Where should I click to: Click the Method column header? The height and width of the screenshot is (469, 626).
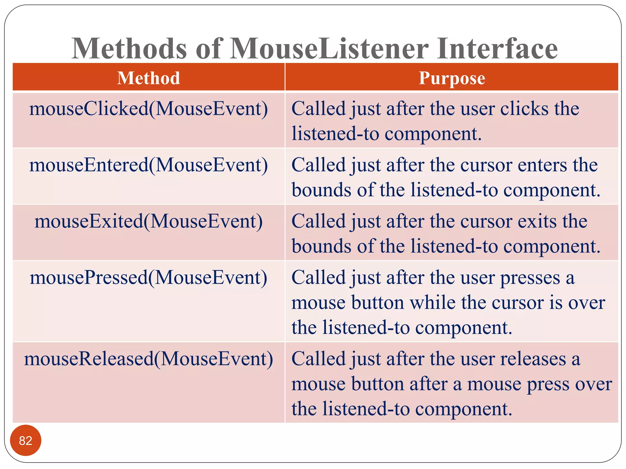149,78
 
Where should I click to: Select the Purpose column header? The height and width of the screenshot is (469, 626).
451,78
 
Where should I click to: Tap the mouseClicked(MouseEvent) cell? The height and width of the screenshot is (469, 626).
149,109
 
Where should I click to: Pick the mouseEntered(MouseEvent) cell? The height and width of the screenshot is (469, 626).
149,165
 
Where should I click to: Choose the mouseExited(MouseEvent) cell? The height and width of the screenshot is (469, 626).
149,221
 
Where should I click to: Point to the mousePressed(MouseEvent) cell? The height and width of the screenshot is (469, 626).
149,278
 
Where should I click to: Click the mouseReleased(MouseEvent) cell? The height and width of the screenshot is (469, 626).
149,359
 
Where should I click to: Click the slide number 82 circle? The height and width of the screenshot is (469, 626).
26,440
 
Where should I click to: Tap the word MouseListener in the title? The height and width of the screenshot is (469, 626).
329,49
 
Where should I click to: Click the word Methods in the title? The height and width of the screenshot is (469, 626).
129,49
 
